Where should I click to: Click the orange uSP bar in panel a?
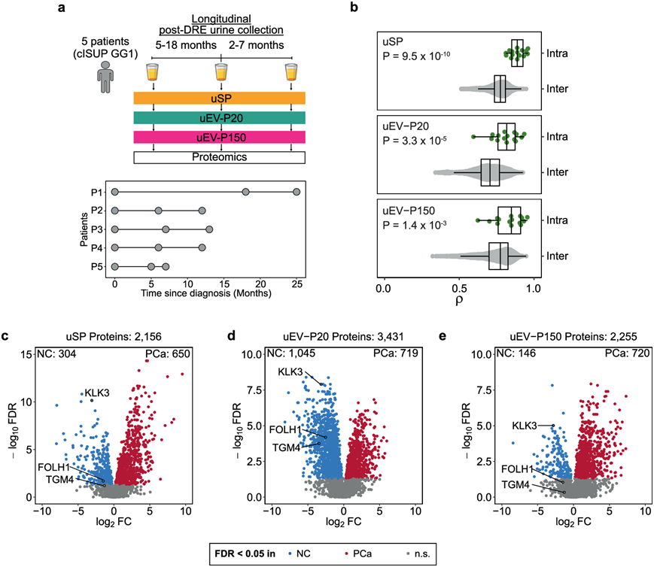coord(219,99)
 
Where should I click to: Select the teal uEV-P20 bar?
coord(219,118)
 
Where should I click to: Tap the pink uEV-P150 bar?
coord(219,137)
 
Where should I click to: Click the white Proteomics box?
coord(219,157)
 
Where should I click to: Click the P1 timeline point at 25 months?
coord(297,193)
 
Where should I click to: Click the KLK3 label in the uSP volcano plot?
coord(96,392)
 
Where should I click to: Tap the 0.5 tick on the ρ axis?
coord(459,288)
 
